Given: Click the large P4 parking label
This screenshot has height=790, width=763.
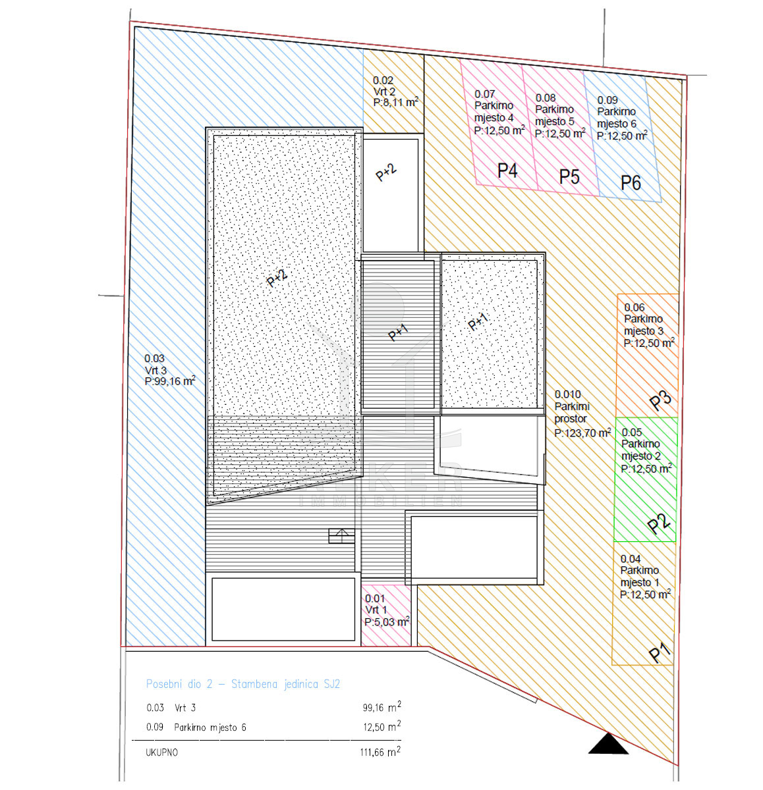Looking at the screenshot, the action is pos(507,170).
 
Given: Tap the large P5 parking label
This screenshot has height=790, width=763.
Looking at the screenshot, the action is pos(569,176).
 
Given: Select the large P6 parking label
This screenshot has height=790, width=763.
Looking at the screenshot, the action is pos(630,182).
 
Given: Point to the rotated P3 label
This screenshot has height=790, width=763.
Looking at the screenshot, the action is pos(660,399).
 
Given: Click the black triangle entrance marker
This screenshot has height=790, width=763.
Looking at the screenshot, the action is pos(608,744).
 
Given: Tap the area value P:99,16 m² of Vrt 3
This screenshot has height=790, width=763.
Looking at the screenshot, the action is pos(170,381).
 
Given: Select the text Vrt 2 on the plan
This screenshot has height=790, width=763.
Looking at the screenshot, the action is pos(384,92).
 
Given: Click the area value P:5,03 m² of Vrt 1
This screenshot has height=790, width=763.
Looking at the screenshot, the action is pos(386,621).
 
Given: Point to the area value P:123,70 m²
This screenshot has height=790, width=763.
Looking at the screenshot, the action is pos(582,433).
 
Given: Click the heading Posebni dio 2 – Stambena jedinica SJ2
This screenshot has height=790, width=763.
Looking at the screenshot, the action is pos(242,684).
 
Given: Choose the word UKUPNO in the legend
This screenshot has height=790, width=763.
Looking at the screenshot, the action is pos(161,752).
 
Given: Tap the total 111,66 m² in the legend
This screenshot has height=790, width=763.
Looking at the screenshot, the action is pos(380,751).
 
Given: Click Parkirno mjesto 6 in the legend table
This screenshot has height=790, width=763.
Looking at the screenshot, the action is pos(210,727).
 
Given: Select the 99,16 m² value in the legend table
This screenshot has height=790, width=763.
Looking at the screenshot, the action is pos(381,707).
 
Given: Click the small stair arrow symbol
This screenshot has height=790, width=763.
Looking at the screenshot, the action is pos(341,536).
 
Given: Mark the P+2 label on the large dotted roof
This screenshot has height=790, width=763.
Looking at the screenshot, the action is pos(277,278).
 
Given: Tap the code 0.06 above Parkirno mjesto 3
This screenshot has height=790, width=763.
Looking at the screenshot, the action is pos(635,307).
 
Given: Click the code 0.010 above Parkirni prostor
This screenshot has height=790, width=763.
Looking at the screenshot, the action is pos(567,394).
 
